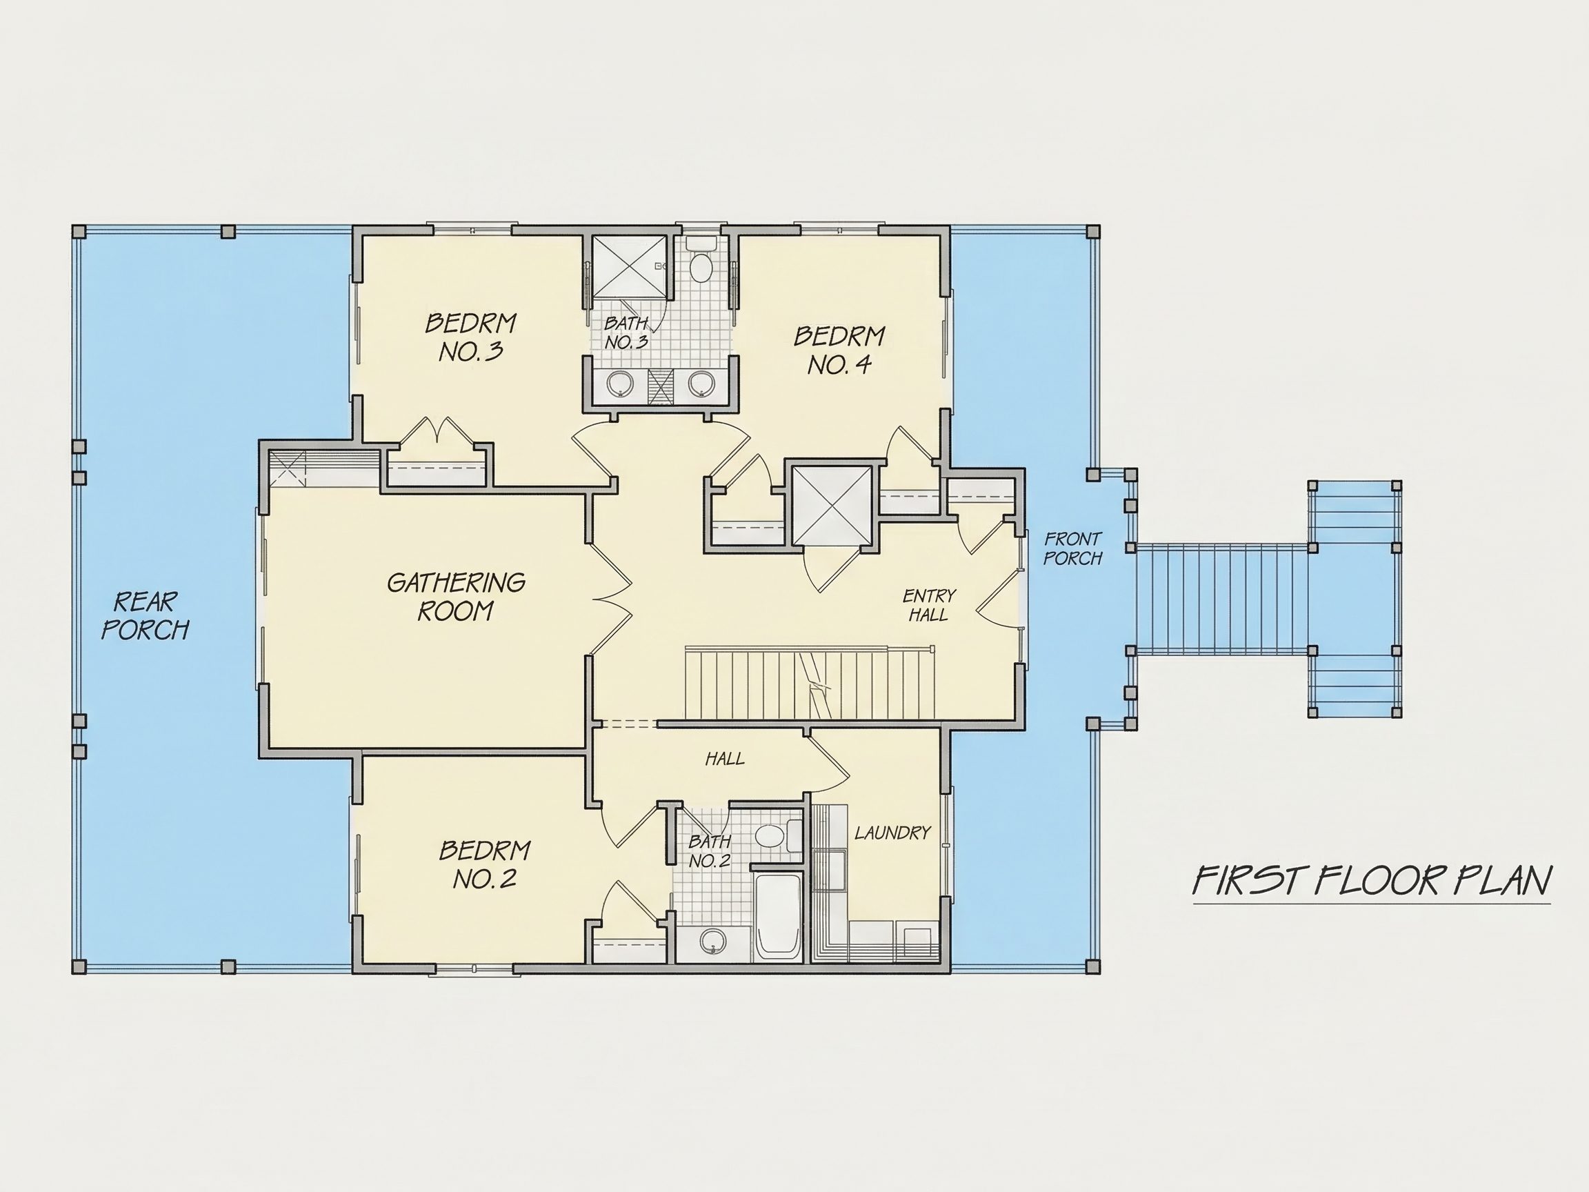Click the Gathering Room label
click(x=456, y=597)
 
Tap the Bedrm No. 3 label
click(x=470, y=337)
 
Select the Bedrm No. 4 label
click(x=839, y=350)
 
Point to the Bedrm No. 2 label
click(x=485, y=864)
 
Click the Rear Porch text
click(x=145, y=616)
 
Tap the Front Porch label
click(x=1072, y=549)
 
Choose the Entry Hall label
click(x=929, y=605)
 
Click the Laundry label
click(x=892, y=833)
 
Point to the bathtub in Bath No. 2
click(x=777, y=917)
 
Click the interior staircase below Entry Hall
click(x=809, y=683)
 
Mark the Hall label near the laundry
click(x=725, y=758)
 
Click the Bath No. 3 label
click(x=626, y=332)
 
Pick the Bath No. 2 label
click(x=710, y=851)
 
